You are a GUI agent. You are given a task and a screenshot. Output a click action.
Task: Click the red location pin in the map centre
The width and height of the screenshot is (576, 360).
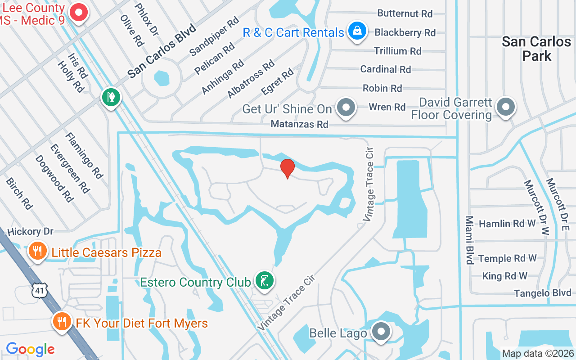coord(287,168)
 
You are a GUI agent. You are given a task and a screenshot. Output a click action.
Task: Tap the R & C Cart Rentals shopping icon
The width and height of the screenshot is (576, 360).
coord(356,31)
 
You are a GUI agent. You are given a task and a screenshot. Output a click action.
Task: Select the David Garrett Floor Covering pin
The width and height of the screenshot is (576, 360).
coord(505,107)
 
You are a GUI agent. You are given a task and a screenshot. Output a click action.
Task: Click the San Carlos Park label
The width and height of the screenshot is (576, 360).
coord(536,49)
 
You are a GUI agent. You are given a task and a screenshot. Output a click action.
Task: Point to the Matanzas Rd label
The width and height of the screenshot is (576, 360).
coord(299,124)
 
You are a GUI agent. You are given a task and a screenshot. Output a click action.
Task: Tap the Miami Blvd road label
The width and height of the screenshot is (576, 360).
coord(469,240)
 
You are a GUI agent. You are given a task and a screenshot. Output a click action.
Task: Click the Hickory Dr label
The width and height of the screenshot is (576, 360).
coord(31,232)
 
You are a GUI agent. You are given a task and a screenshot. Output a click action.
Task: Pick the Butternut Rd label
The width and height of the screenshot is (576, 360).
coord(405,13)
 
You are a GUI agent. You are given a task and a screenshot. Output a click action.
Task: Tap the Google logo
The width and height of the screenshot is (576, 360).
coord(30,349)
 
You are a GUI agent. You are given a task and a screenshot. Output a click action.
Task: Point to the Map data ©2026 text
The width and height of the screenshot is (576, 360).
coord(538,354)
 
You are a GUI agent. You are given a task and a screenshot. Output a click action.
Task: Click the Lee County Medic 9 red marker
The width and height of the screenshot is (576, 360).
coord(79,12)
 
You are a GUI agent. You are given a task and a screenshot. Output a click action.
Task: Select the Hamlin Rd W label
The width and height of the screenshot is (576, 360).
coord(507,224)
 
